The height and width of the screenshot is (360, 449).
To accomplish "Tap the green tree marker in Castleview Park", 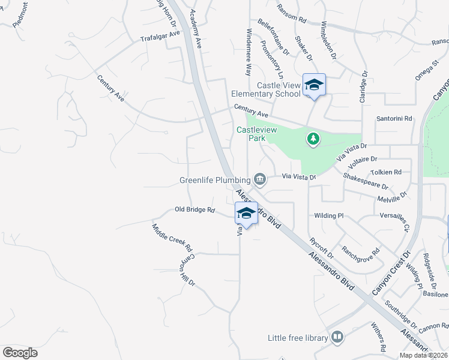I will (x=313, y=139).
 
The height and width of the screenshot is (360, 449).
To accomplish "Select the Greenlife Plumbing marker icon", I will (x=260, y=178).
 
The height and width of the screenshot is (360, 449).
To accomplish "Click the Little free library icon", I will (x=337, y=338).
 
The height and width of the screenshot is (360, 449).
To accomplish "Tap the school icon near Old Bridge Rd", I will (x=246, y=213).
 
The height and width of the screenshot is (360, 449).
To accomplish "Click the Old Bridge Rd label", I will (x=194, y=210).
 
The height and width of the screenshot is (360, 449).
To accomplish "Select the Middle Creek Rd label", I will (x=172, y=238).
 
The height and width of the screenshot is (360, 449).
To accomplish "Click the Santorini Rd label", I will (x=394, y=119).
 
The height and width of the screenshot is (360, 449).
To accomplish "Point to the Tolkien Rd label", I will (x=390, y=172).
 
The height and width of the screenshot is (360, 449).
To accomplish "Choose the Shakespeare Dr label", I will (x=366, y=182).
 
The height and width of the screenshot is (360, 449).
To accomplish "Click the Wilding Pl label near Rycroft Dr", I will (x=328, y=215).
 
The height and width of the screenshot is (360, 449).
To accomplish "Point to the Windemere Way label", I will (x=248, y=52).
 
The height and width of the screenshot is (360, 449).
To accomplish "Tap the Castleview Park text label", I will (x=251, y=133).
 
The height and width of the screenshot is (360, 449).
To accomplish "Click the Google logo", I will (x=20, y=352).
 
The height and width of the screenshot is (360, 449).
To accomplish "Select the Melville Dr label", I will (x=393, y=197).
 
